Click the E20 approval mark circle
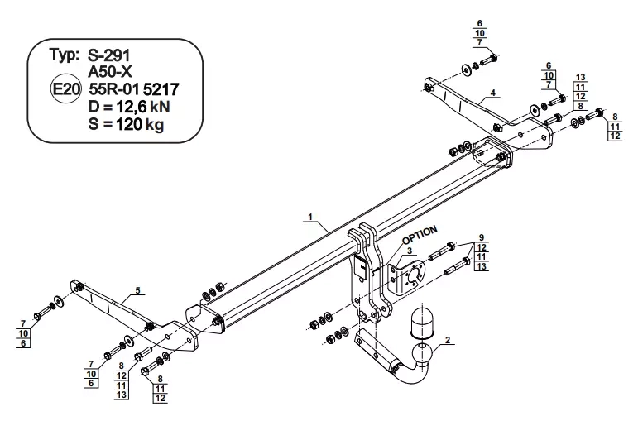coord(65,88)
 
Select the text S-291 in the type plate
coord(108,55)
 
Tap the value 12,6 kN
coord(143,107)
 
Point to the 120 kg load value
coord(140,123)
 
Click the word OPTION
coord(420,235)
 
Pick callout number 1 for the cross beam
coord(310,217)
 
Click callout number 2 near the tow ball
coord(448,340)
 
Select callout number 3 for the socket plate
coord(410,251)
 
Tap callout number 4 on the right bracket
coord(492,93)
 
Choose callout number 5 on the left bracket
coord(138,290)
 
